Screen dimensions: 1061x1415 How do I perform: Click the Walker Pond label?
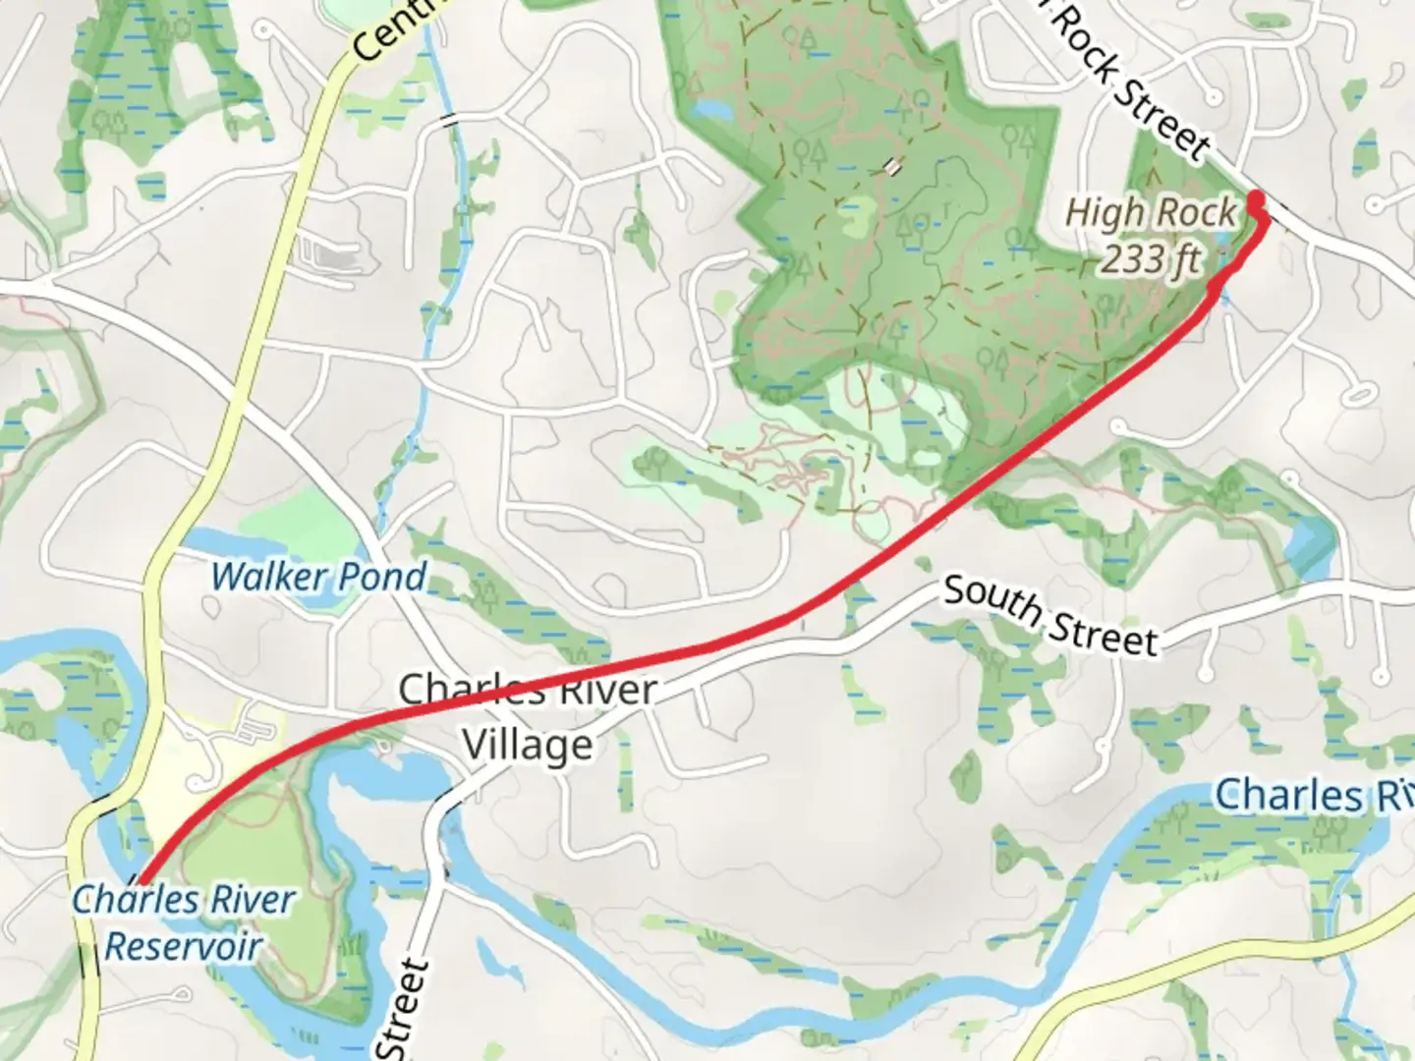[318, 576]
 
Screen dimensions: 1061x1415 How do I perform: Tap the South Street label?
[1050, 616]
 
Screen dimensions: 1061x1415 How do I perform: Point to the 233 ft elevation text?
[1150, 260]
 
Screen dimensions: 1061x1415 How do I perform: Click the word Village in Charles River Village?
[528, 746]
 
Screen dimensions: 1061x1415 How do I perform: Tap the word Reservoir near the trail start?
[183, 947]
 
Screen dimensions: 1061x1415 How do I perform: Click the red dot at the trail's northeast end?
[1256, 202]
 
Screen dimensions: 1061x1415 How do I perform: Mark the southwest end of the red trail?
[141, 881]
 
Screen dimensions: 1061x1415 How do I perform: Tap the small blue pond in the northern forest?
[713, 111]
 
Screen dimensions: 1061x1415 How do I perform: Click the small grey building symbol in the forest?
[891, 168]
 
